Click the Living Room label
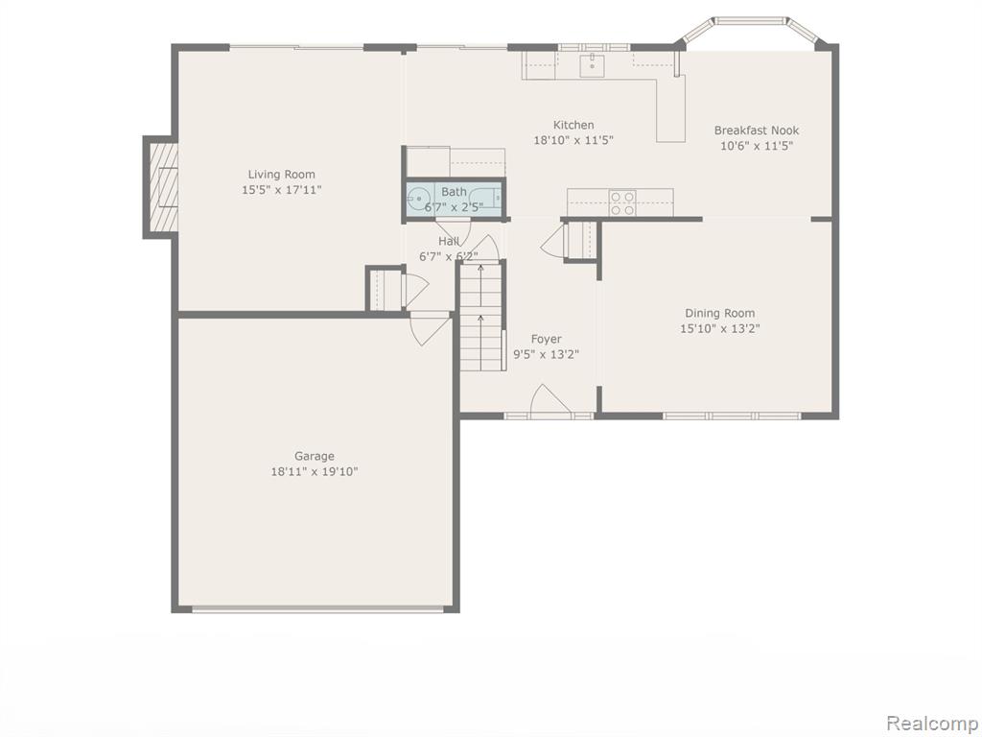coord(281,175)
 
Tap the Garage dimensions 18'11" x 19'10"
coord(315,471)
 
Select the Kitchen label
coord(573,125)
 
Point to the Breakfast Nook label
coord(757,131)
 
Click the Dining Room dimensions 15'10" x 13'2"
coord(720,328)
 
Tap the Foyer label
coord(546,339)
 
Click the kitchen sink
coord(592,64)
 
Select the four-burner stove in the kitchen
coord(622,203)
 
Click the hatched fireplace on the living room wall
coord(162,187)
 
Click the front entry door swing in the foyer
coord(549,400)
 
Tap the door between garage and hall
coord(430,328)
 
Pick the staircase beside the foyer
coord(481,317)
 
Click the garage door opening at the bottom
coord(318,608)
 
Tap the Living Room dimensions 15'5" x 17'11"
coord(282,189)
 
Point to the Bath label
coord(454,192)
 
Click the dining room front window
coord(732,416)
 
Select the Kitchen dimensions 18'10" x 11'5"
coord(573,140)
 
